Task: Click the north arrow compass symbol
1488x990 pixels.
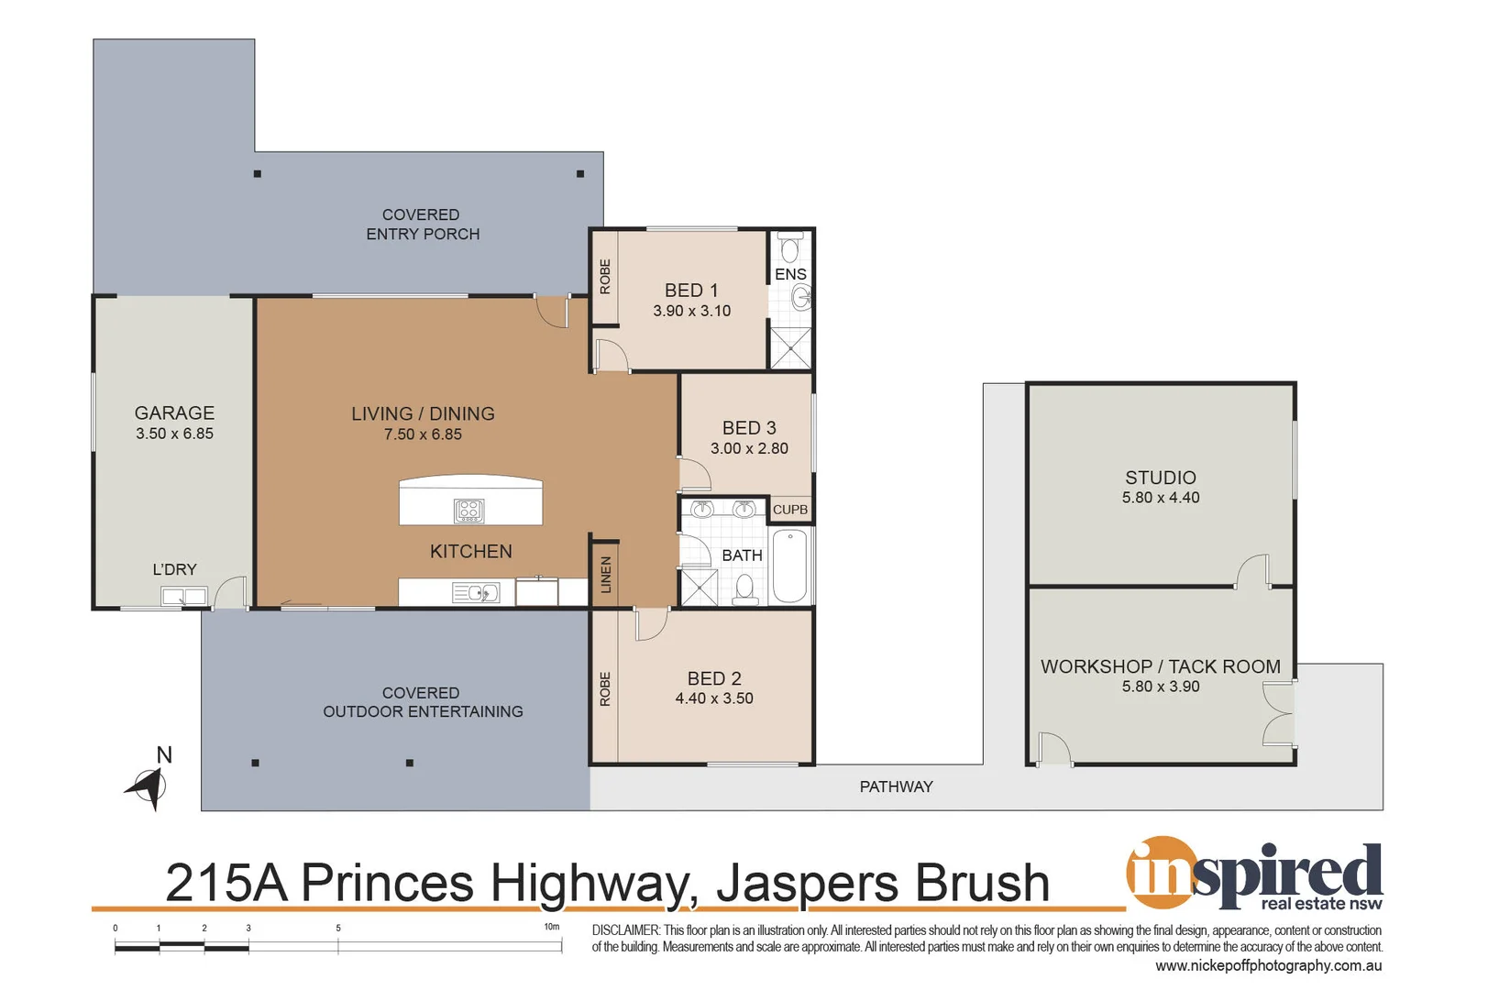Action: [x=149, y=786]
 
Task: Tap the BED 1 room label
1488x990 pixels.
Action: [x=691, y=291]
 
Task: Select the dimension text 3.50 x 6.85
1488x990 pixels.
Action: [x=174, y=434]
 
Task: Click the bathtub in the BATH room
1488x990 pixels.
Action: [x=789, y=566]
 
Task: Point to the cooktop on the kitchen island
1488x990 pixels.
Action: [x=468, y=511]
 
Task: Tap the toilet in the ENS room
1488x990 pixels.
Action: [x=789, y=247]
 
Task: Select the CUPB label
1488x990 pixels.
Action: [x=790, y=510]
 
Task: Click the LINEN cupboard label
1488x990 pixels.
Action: [x=605, y=575]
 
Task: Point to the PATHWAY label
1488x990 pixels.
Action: [x=896, y=786]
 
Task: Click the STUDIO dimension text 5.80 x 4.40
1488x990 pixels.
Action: [x=1160, y=498]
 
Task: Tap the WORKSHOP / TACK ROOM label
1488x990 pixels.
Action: [x=1160, y=666]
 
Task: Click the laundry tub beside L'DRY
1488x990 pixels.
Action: [x=183, y=597]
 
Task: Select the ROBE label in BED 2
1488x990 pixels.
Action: [x=605, y=688]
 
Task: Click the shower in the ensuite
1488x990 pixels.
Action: [x=790, y=347]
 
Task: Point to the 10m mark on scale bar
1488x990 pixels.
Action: [x=553, y=928]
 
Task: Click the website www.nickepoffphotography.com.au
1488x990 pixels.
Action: [x=1268, y=965]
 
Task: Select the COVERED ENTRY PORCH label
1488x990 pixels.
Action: [x=422, y=225]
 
